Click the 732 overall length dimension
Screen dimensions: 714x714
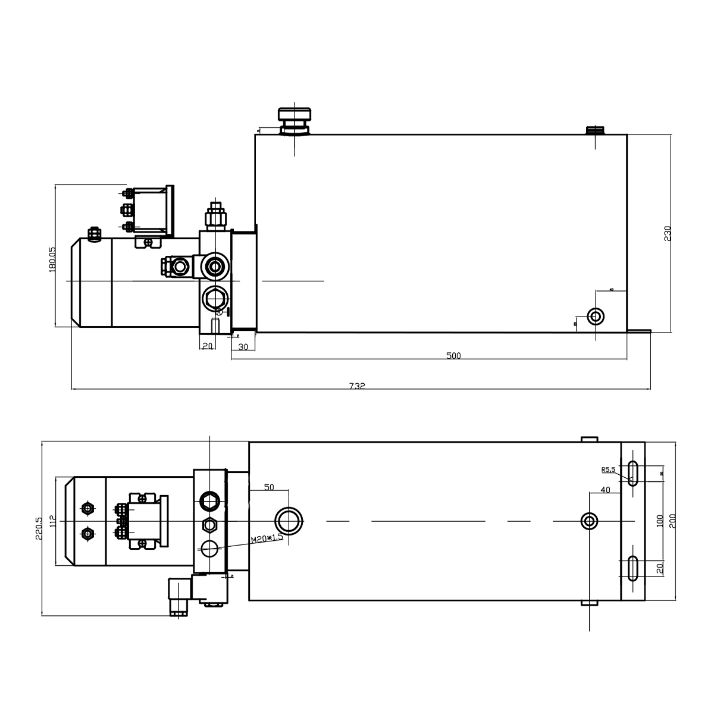pos(356,386)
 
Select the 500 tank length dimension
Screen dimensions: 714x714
pos(453,356)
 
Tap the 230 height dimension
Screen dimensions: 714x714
pos(667,233)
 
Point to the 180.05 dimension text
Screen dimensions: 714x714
pos(52,259)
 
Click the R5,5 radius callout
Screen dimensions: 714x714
pos(608,470)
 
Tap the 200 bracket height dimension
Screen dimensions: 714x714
pos(673,522)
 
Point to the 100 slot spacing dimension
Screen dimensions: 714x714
pos(659,521)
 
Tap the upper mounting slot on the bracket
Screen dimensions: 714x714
pos(633,473)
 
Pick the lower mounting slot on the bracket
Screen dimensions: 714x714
pos(633,568)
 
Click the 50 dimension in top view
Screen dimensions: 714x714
pos(268,487)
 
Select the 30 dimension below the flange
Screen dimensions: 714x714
pos(243,347)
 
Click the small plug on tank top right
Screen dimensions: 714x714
pos(595,130)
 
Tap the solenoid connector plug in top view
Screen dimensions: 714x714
pos(177,596)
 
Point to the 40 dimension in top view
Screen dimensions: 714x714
pos(605,490)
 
